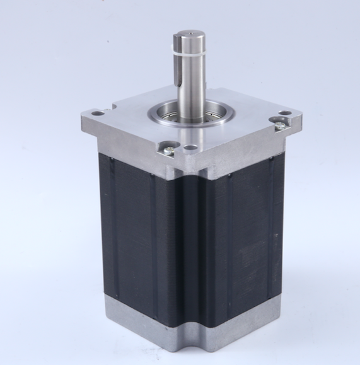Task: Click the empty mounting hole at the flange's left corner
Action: (x=96, y=114)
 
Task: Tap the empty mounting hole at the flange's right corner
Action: (x=286, y=113)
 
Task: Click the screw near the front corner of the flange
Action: (x=168, y=149)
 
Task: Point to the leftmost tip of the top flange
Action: (x=83, y=115)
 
